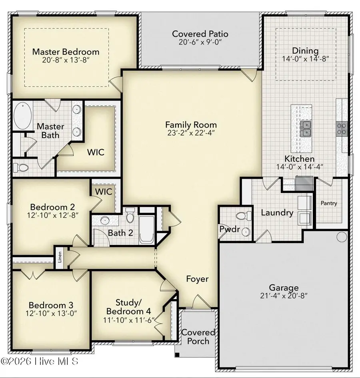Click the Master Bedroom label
66,52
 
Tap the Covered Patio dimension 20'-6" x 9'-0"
200,42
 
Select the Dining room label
305,50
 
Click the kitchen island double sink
306,129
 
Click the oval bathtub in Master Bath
23,116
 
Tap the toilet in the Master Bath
21,167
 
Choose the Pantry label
329,203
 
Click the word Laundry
277,213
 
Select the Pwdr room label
230,229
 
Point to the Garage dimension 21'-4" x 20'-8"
284,296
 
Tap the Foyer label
197,279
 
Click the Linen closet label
60,257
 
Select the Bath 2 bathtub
147,229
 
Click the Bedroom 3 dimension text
51,314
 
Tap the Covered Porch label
198,337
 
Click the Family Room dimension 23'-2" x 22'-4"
191,133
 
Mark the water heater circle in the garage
342,237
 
